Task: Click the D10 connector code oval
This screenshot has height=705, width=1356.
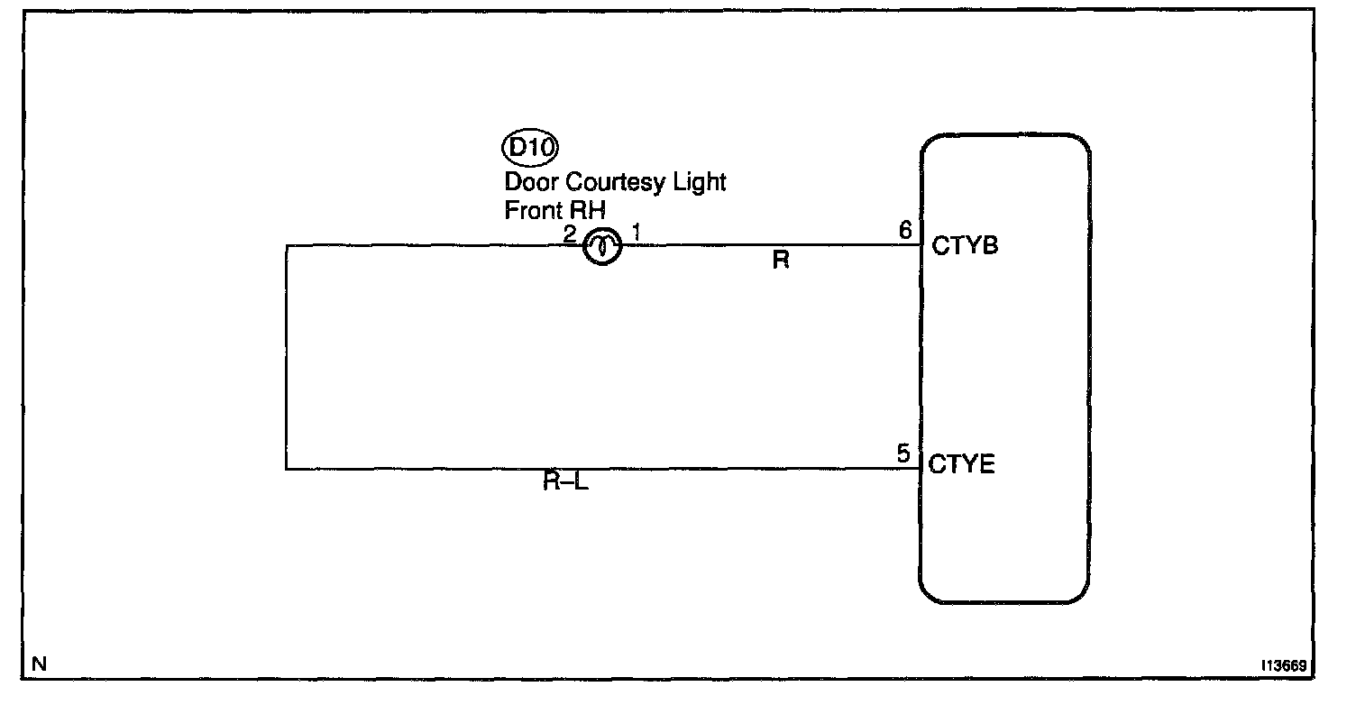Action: coord(530,147)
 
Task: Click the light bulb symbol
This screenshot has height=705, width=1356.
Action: coord(601,245)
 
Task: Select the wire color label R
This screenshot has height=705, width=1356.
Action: coord(781,262)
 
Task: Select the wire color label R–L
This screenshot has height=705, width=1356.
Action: coord(565,481)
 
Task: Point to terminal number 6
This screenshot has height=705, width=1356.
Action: coord(905,231)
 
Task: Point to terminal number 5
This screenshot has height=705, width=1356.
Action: coord(903,453)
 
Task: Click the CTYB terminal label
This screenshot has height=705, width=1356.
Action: coord(966,245)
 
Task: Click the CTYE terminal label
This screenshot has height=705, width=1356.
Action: coord(962,465)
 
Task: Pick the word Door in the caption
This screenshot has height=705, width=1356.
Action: coord(531,182)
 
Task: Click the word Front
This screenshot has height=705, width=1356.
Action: coord(530,210)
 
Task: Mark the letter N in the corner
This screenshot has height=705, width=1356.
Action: coord(39,664)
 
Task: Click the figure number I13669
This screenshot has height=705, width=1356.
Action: coord(1285,666)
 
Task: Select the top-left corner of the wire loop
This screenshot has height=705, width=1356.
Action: coord(286,245)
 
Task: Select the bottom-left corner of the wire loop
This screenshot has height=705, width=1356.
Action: coord(286,469)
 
